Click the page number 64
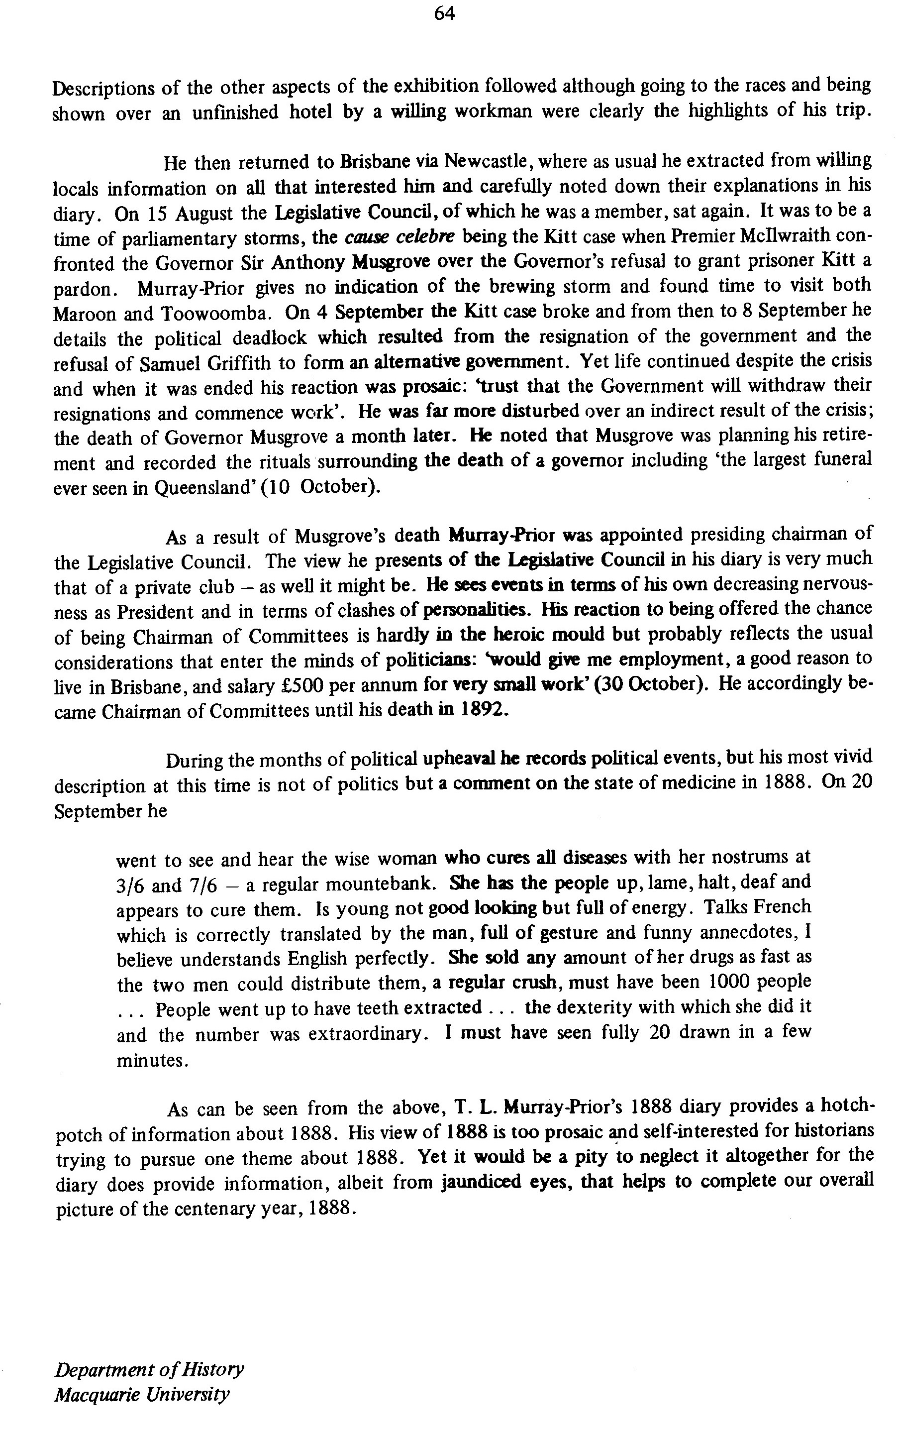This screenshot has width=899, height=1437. [444, 13]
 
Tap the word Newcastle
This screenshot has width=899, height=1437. [482, 162]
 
